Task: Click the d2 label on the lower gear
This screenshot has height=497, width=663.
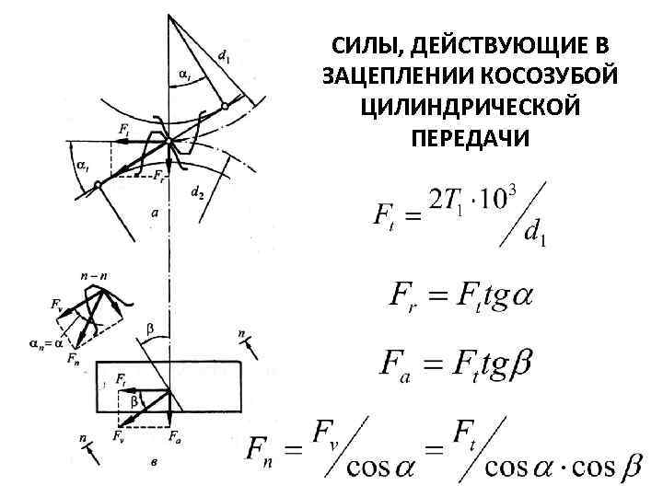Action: pyautogui.click(x=196, y=193)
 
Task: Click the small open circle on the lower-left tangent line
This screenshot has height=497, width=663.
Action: pyautogui.click(x=97, y=187)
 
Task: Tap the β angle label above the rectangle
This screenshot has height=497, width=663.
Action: pyautogui.click(x=151, y=328)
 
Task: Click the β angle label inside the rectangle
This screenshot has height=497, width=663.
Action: pyautogui.click(x=134, y=401)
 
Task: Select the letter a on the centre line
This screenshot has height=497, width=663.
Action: pyautogui.click(x=155, y=213)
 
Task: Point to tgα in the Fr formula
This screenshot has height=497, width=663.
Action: pyautogui.click(x=501, y=297)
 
